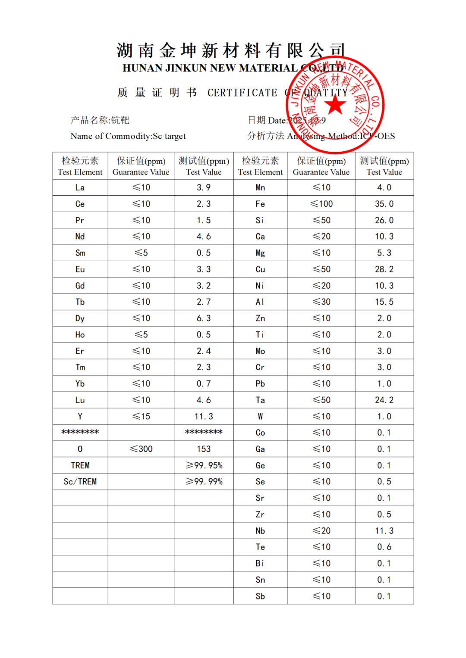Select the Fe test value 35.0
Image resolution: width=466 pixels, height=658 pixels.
click(x=384, y=204)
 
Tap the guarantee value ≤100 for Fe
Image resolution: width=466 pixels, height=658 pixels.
click(x=321, y=204)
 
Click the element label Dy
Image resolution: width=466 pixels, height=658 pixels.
click(x=80, y=318)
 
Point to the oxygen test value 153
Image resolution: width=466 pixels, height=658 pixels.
click(x=204, y=449)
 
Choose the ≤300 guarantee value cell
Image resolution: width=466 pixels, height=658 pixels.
click(x=141, y=449)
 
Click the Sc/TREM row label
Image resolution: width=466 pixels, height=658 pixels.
click(x=80, y=482)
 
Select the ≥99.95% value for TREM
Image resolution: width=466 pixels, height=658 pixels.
click(x=204, y=465)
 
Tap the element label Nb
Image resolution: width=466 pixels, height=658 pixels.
click(x=260, y=531)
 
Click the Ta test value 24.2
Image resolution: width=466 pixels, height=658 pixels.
click(x=384, y=400)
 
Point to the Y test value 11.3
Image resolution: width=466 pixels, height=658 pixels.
click(x=204, y=417)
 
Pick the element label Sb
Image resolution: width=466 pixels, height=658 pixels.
click(x=260, y=596)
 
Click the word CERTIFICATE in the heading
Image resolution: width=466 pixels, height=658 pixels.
click(x=242, y=93)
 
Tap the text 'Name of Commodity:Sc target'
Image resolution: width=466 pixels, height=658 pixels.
click(x=128, y=136)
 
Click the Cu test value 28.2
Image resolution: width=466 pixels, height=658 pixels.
click(x=384, y=269)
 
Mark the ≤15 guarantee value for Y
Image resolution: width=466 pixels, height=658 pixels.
click(x=141, y=417)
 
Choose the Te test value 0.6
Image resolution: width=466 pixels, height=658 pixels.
click(x=384, y=547)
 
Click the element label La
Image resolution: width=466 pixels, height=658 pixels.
click(x=80, y=187)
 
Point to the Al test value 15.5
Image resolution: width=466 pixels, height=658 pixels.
click(x=384, y=302)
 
